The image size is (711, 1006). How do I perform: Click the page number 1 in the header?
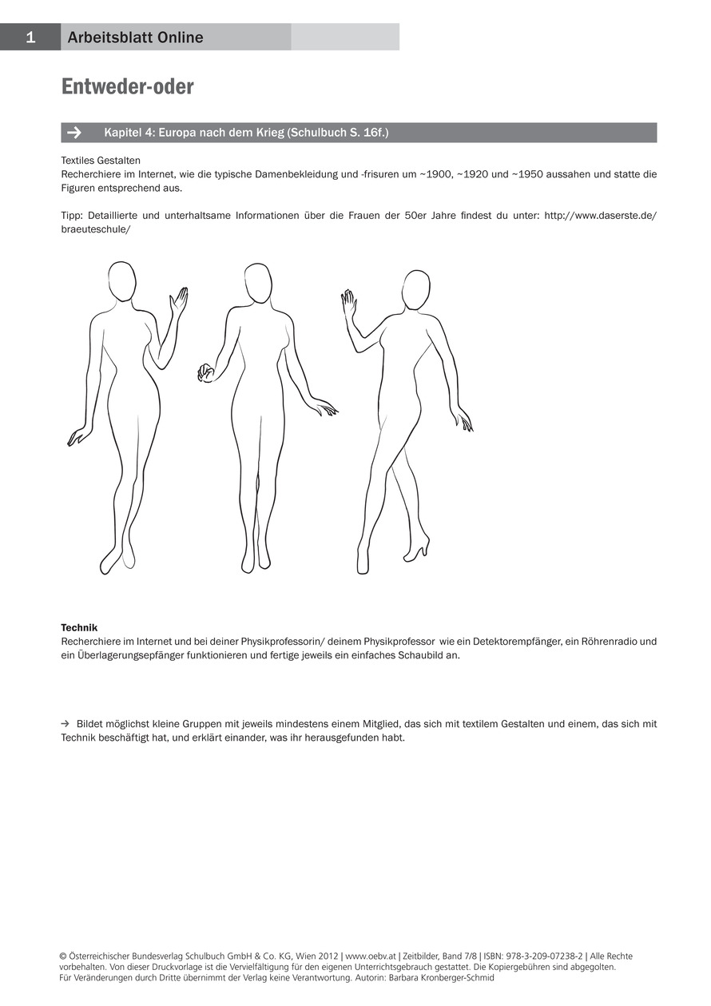[30, 38]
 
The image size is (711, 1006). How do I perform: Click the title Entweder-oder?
[127, 86]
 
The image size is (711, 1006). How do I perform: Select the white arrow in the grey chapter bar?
[74, 133]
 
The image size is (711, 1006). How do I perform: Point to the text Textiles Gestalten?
[101, 161]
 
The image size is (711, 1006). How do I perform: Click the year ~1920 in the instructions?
[472, 174]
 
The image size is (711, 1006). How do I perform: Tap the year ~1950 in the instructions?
[527, 174]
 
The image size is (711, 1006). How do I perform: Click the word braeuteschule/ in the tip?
[96, 229]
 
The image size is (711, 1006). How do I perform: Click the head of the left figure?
[121, 280]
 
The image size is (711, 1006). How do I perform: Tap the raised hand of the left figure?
[179, 299]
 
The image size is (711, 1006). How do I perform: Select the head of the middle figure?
[258, 283]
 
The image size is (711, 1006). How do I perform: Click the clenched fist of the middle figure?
[206, 373]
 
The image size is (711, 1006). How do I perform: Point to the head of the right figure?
[416, 290]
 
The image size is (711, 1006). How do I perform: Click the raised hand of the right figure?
[348, 303]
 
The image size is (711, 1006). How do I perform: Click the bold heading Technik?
[79, 627]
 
